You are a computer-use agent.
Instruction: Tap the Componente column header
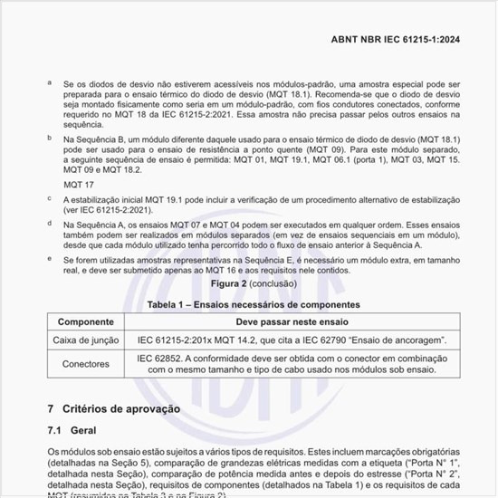85,322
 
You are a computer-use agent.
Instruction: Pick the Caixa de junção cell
85,340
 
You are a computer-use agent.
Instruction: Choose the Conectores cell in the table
85,364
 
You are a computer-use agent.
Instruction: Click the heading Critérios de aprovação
121,409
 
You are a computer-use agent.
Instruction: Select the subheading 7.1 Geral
72,430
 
